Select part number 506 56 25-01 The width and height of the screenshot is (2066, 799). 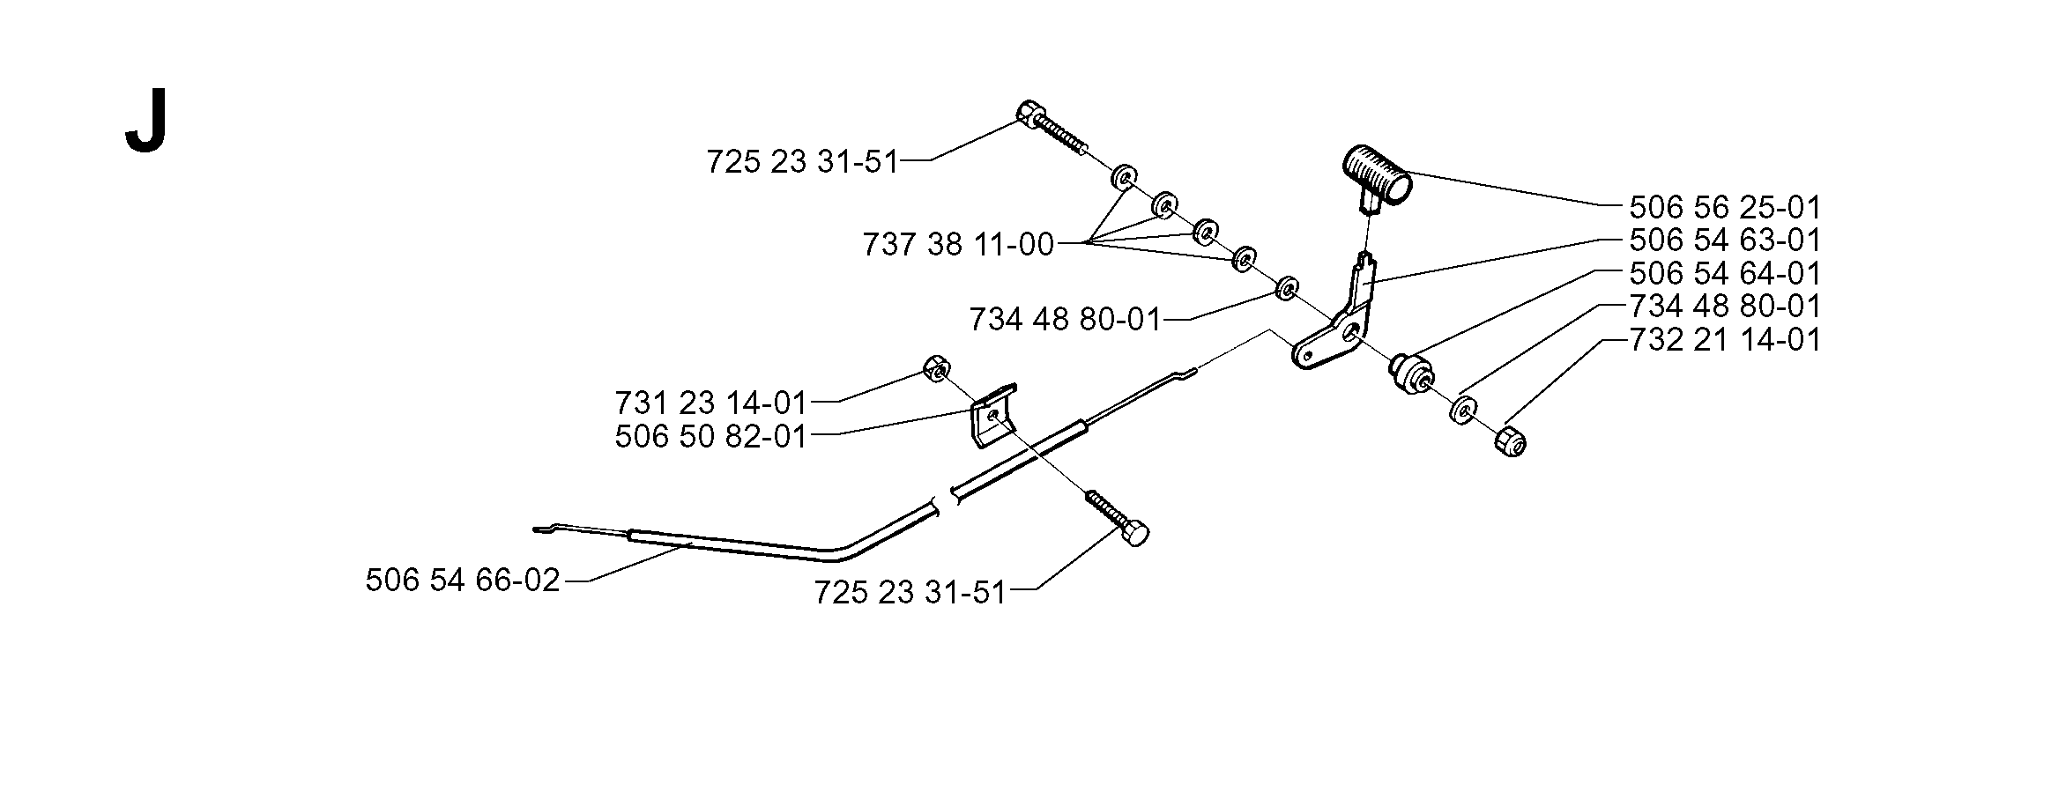pos(1725,208)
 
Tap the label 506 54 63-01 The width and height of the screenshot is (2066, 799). pos(1725,240)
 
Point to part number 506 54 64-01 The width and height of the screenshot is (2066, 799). pos(1725,273)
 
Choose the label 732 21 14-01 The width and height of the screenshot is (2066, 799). pos(1725,339)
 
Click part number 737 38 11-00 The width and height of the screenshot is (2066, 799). pos(958,244)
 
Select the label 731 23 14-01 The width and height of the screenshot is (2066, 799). pos(711,403)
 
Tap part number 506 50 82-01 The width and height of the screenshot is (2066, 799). pos(711,436)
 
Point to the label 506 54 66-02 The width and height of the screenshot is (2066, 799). pos(463,581)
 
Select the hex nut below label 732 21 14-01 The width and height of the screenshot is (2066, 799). pos(1511,440)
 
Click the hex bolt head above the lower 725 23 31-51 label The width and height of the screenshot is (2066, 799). pos(1136,533)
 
